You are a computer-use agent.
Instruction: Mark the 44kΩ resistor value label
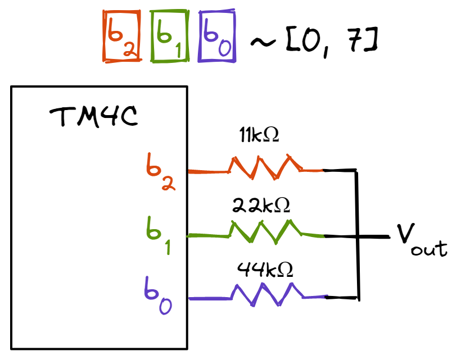[x=265, y=271]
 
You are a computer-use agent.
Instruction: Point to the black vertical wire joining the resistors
[x=357, y=264]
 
